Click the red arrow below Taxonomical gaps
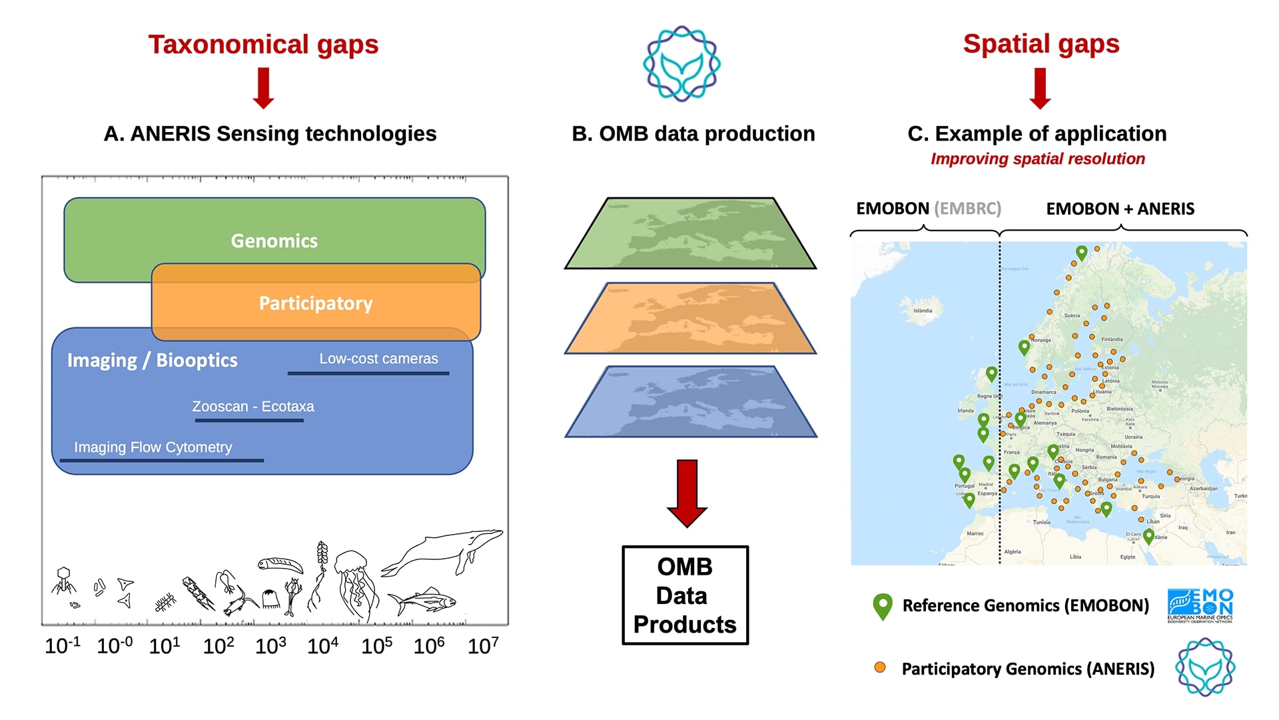pos(264,88)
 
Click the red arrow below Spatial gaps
pos(1040,88)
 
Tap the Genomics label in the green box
pos(274,241)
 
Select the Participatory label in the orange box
pos(316,303)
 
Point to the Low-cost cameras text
pos(378,359)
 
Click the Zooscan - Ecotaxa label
pos(252,407)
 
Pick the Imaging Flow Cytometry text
pos(153,447)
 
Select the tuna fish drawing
pos(423,601)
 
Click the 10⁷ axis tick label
pos(483,645)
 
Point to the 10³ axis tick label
pos(270,645)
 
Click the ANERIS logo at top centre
pos(681,64)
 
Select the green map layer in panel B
pos(690,233)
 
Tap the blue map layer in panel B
pos(690,402)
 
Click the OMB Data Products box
pos(685,595)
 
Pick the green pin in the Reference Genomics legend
pos(883,606)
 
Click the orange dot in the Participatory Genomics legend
pos(880,667)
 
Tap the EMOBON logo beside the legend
pos(1200,605)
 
